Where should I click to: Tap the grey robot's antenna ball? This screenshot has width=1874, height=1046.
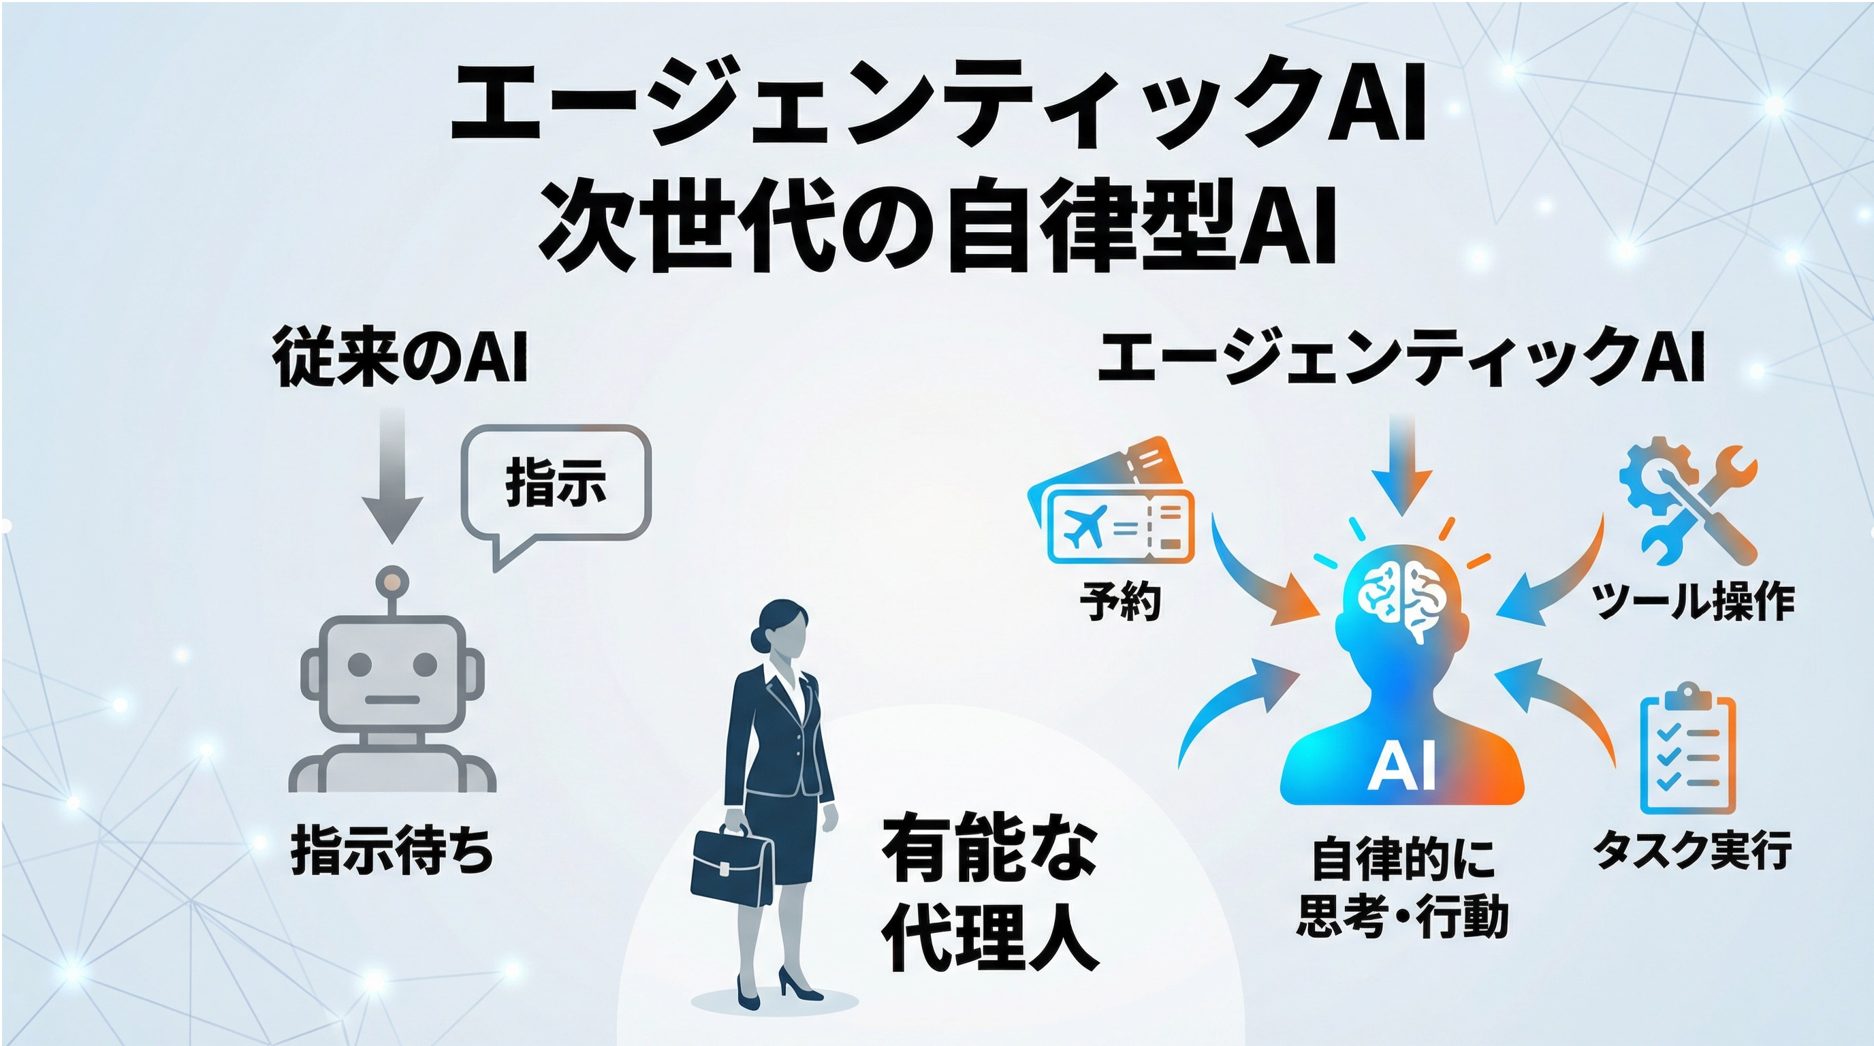[392, 582]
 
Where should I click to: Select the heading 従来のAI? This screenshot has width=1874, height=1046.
[400, 356]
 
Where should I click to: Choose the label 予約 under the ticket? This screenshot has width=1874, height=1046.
[1119, 601]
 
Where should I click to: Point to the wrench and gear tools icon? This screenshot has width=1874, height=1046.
[1688, 502]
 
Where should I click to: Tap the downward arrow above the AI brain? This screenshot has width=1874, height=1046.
[1402, 466]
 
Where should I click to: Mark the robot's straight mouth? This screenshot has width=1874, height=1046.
[392, 700]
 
